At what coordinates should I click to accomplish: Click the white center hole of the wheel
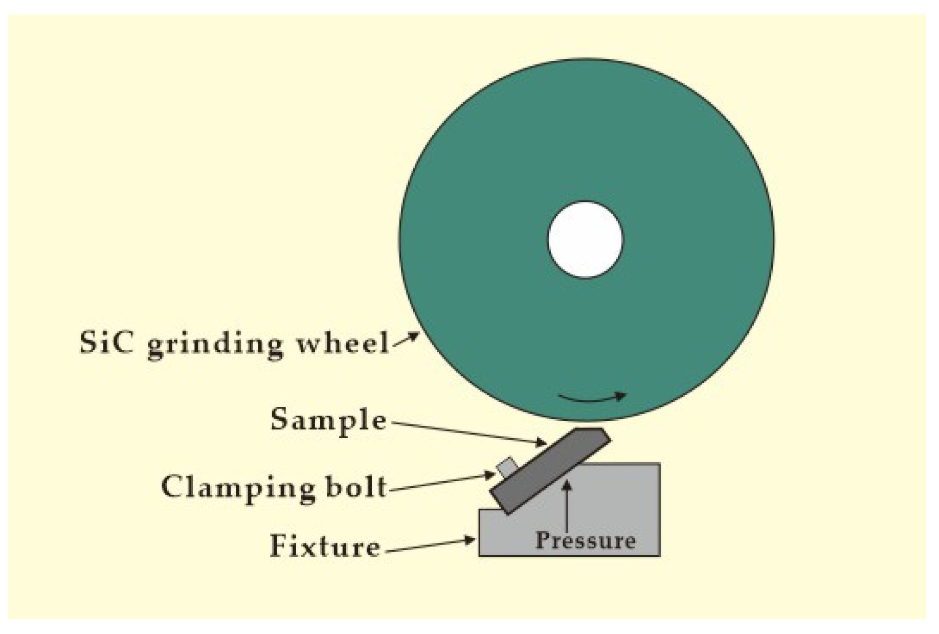[x=585, y=239]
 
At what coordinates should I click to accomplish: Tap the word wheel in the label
[x=343, y=342]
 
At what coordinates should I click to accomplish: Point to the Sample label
[x=328, y=420]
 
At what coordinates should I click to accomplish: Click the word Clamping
[x=237, y=487]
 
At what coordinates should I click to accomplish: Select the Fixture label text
[x=325, y=546]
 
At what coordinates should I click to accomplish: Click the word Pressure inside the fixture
[x=585, y=540]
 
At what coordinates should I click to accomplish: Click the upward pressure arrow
[x=567, y=506]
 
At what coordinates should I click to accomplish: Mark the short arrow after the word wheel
[x=406, y=340]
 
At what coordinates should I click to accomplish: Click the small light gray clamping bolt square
[x=507, y=467]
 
